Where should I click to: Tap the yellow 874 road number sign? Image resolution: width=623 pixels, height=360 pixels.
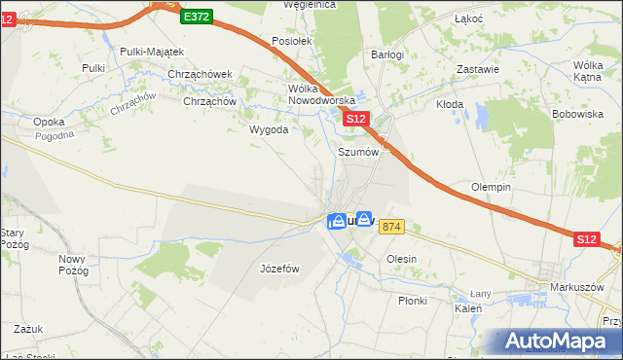[x=391, y=227]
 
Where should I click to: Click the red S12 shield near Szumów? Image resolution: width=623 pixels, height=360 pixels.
[x=356, y=119]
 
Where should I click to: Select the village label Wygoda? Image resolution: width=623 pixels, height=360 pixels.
[x=269, y=129]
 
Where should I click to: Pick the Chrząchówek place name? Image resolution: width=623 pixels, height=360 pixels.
[x=200, y=74]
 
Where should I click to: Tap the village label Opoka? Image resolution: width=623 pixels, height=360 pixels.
[x=49, y=122]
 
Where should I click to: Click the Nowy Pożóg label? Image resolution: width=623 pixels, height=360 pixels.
[x=73, y=266]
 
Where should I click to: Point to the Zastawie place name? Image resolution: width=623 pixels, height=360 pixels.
[x=479, y=69]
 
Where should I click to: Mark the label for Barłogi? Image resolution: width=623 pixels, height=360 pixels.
[x=387, y=55]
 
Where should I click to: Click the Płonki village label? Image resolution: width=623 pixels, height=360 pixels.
[x=413, y=301]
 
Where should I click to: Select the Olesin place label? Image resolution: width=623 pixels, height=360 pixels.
[x=401, y=259]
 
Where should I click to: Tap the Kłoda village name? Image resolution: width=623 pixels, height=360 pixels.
[x=449, y=104]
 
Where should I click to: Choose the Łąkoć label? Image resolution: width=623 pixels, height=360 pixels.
[x=470, y=19]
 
